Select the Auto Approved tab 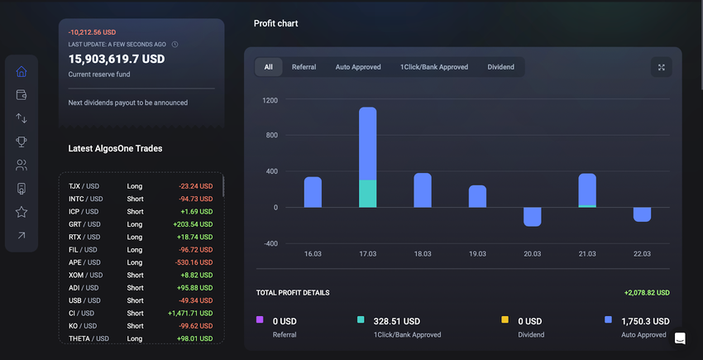[x=358, y=67]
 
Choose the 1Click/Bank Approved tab [x=434, y=67]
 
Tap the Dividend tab [x=500, y=67]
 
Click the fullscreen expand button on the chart [x=661, y=67]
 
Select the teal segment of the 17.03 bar [x=367, y=193]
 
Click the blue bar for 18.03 [x=423, y=190]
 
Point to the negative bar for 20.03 [x=532, y=216]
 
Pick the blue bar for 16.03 [x=313, y=192]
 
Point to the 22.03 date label [x=641, y=254]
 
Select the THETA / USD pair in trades [x=88, y=338]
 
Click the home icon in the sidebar [x=22, y=71]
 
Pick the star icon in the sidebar [x=22, y=213]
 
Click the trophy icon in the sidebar [x=22, y=142]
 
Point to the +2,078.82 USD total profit [x=647, y=293]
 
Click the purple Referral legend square [x=260, y=319]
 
